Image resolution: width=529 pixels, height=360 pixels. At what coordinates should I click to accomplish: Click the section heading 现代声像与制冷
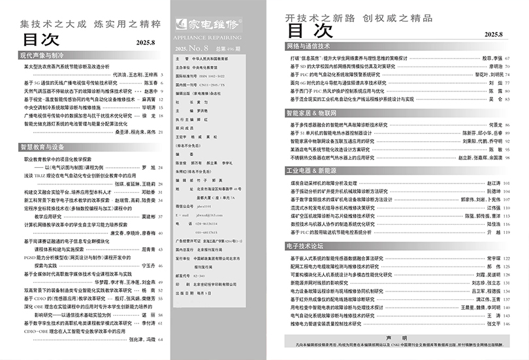[x=42, y=57]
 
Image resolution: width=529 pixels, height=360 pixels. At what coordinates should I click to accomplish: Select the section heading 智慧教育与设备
[x=42, y=147]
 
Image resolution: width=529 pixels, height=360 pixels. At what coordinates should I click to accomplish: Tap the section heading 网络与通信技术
[x=309, y=48]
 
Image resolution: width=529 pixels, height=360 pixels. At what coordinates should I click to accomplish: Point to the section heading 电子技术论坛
[x=305, y=246]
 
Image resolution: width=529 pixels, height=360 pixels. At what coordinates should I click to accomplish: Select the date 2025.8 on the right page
[x=494, y=33]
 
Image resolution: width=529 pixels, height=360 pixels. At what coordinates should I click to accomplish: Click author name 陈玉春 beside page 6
[x=149, y=84]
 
